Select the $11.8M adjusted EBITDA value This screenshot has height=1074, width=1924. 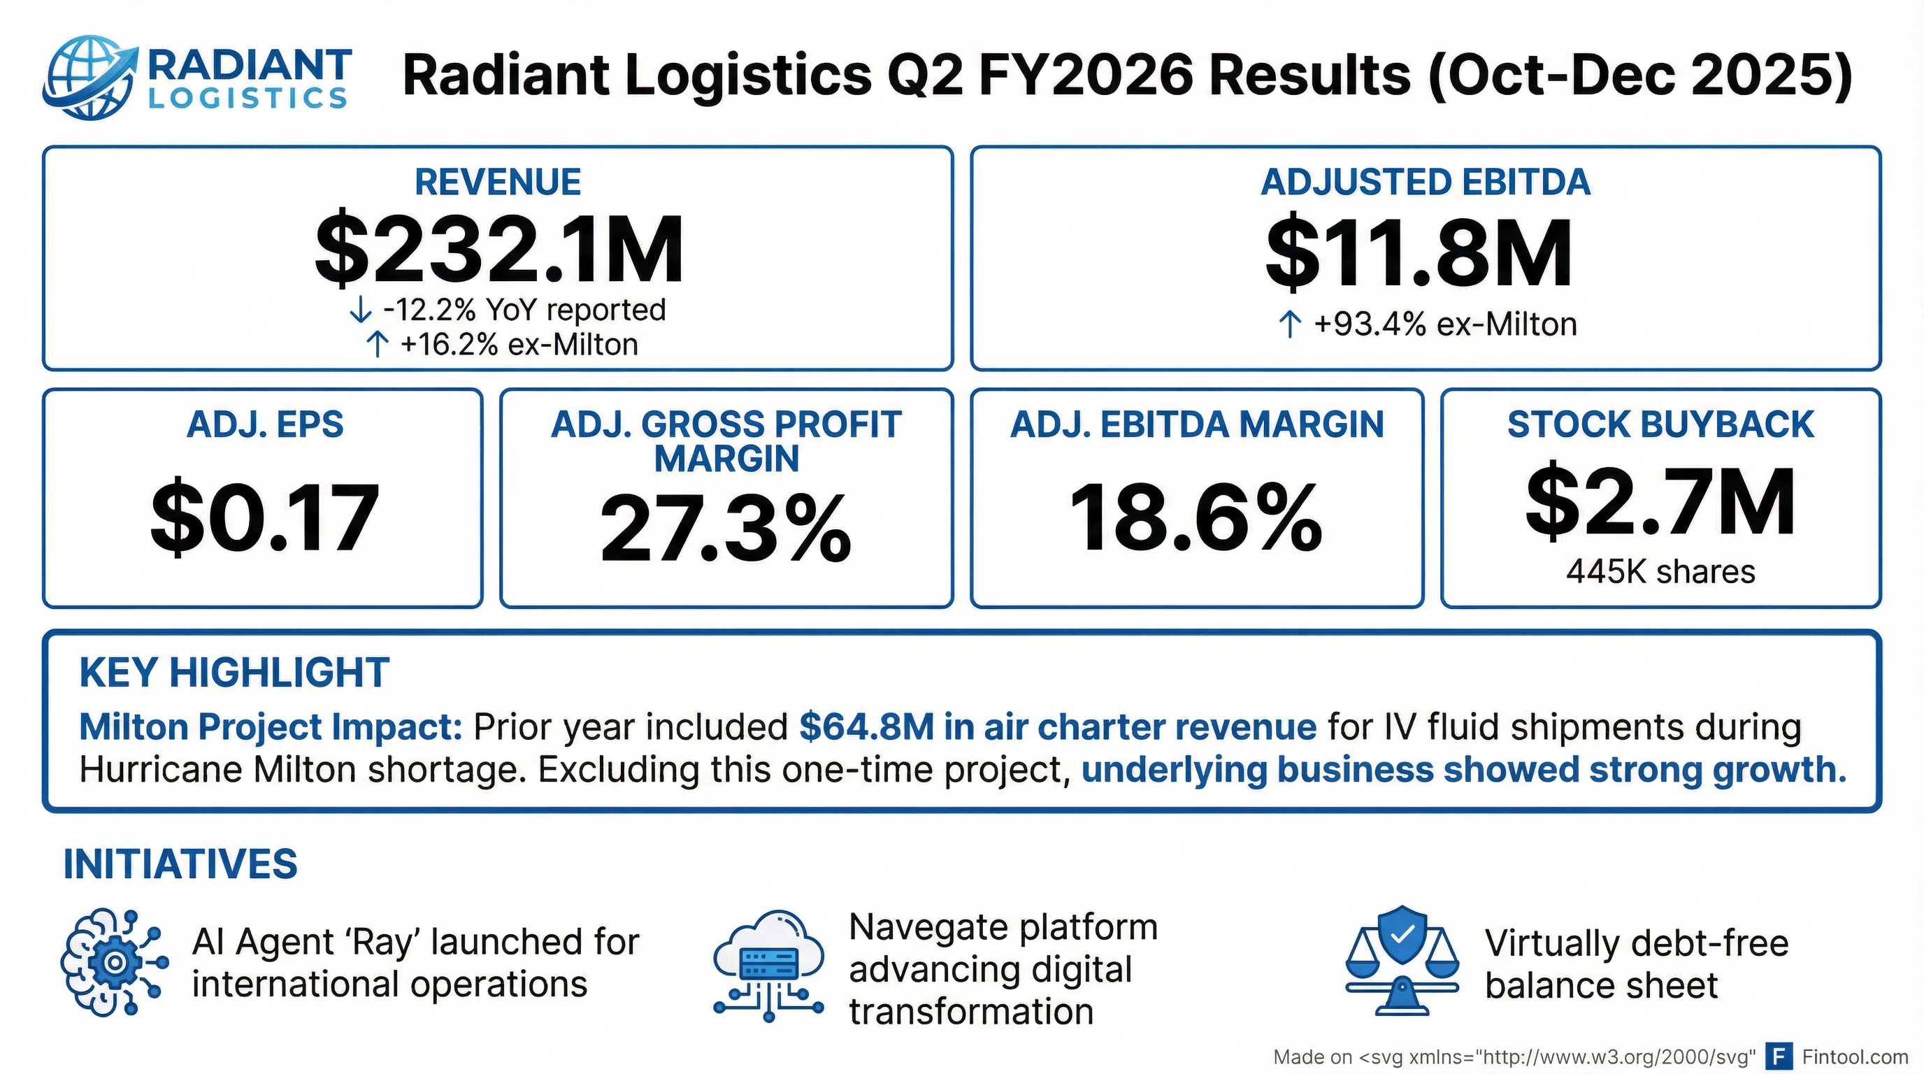1419,253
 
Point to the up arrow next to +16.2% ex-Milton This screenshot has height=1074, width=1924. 378,345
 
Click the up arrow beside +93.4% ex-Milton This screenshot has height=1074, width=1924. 1290,325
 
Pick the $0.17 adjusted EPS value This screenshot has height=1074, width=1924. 264,517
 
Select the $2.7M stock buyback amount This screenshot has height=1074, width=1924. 1660,501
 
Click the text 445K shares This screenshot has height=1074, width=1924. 1660,572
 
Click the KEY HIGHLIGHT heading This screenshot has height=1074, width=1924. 234,672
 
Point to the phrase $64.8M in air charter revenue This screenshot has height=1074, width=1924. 1057,726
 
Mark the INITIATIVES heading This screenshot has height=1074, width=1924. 180,864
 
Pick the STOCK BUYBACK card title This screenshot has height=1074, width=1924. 1660,424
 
